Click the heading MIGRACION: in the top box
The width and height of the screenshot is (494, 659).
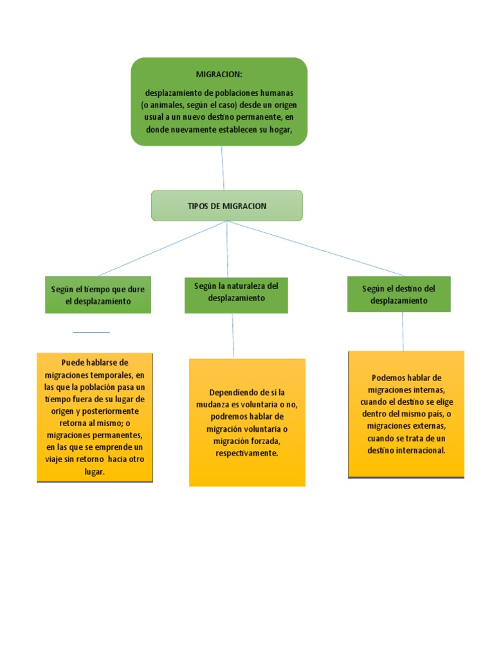click(219, 75)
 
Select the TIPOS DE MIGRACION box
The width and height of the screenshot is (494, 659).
click(226, 206)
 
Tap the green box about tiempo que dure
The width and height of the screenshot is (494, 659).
click(98, 295)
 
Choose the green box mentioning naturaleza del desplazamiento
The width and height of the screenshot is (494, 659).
click(236, 295)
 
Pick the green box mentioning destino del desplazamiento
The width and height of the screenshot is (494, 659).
click(399, 295)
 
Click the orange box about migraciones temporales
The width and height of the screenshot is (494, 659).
click(95, 417)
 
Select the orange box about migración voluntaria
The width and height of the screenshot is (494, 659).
click(247, 423)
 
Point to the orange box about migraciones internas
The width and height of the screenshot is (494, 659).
click(406, 414)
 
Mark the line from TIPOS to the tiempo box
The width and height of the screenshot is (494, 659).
click(161, 249)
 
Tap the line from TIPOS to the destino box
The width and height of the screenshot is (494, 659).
click(315, 248)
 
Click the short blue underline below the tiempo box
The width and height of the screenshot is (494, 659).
click(91, 332)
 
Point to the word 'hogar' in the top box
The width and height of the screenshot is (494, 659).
click(280, 129)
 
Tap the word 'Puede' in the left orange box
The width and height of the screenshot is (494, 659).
click(73, 362)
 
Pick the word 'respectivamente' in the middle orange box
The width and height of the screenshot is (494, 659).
click(247, 454)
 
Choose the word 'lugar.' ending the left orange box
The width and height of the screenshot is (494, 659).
click(95, 472)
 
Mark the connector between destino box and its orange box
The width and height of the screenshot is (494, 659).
click(403, 331)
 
